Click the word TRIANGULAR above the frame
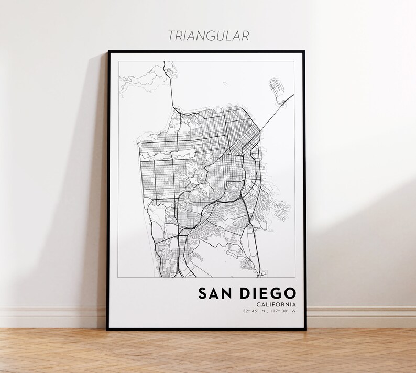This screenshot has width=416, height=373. point(208,35)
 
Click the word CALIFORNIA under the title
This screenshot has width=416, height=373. point(276,305)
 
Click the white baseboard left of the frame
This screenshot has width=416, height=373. point(52,317)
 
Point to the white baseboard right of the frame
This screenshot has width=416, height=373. point(362,317)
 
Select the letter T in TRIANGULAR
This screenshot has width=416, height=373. point(170,35)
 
